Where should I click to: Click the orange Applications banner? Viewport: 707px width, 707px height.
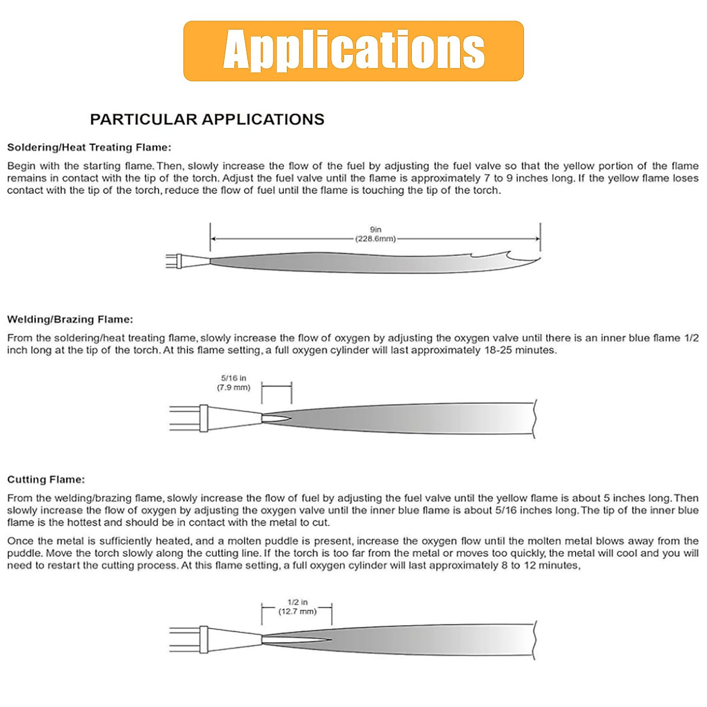click(x=353, y=51)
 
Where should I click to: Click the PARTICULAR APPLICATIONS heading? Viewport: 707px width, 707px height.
click(x=207, y=120)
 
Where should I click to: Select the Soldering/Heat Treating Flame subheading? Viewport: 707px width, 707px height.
click(x=89, y=148)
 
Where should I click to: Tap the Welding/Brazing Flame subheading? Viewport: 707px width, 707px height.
click(x=70, y=320)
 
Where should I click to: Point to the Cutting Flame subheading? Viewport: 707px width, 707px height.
click(x=46, y=480)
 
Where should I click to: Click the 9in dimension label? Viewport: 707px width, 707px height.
click(x=375, y=230)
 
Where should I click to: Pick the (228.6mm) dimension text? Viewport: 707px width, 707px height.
click(x=375, y=239)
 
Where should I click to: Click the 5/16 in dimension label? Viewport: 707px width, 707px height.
click(x=234, y=378)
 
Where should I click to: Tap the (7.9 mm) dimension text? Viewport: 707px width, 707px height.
click(x=234, y=388)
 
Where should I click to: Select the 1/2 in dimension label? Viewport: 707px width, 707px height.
click(x=298, y=602)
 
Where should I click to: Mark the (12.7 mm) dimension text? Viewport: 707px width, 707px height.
click(x=298, y=612)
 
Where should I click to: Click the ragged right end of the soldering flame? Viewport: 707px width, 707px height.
click(x=518, y=258)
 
